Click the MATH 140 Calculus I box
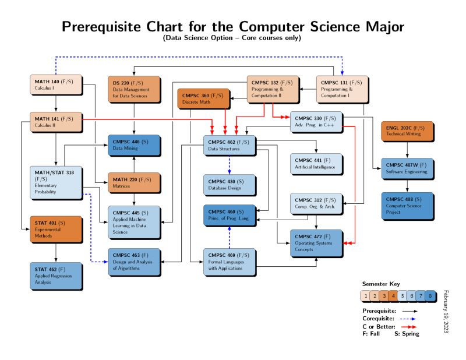click(x=54, y=84)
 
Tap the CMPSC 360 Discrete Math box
click(x=203, y=98)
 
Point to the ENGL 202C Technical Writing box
click(x=407, y=131)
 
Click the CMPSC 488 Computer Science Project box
click(x=407, y=205)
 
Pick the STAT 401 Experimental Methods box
click(x=54, y=229)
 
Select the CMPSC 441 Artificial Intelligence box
click(x=316, y=164)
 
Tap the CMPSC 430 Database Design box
click(x=229, y=185)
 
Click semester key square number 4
click(x=393, y=296)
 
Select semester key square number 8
click(x=430, y=296)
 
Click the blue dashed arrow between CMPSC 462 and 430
click(x=230, y=164)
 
